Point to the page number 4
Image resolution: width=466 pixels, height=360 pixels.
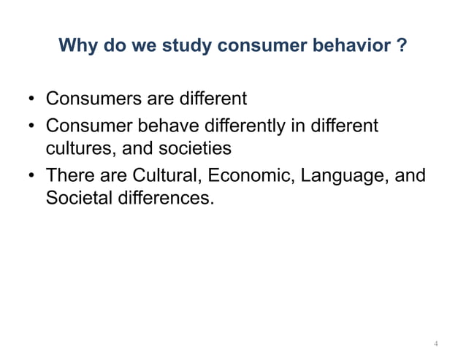point(436,342)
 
